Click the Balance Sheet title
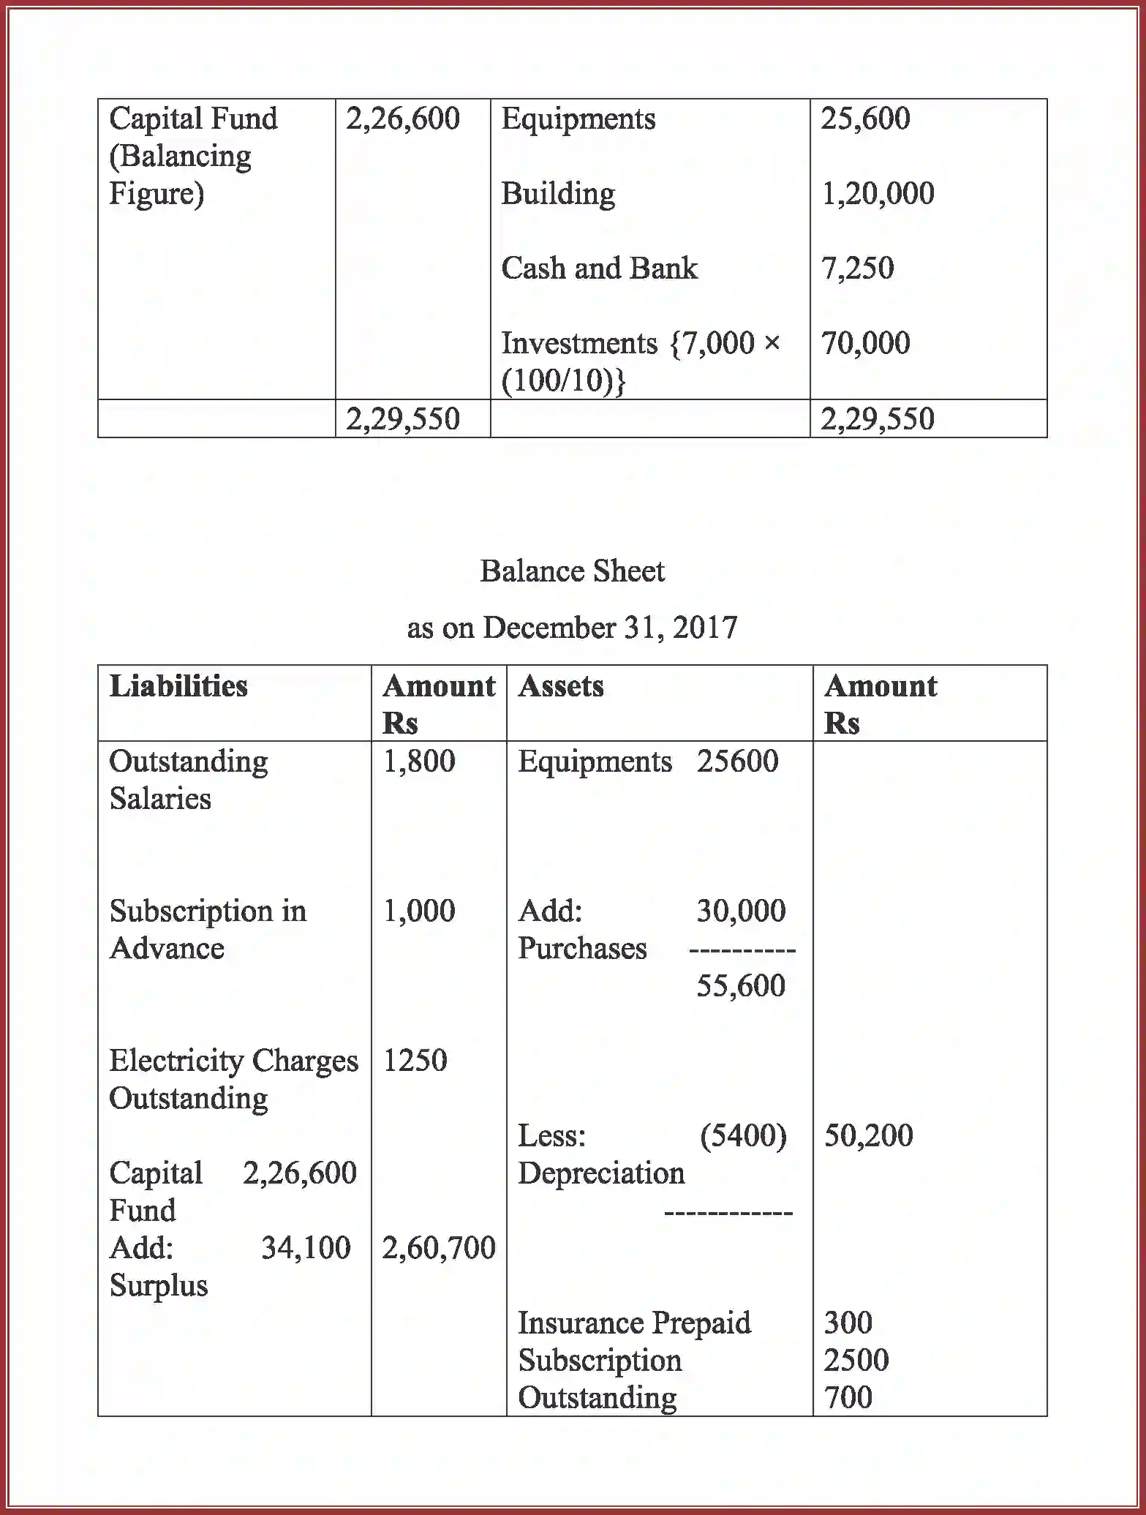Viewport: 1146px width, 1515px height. tap(572, 571)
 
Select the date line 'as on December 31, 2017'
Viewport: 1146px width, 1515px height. tap(572, 628)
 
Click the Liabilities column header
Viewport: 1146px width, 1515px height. tap(178, 686)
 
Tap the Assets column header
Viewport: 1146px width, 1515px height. tap(561, 686)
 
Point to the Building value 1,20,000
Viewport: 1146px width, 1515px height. tap(878, 194)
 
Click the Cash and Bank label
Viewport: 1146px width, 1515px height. tap(599, 268)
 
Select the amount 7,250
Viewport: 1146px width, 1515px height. tap(857, 268)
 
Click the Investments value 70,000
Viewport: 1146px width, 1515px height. tap(865, 343)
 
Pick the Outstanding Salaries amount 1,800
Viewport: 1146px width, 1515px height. tap(419, 762)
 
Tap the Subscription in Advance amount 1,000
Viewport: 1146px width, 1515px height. tap(419, 911)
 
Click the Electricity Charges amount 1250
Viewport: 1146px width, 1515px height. tap(415, 1061)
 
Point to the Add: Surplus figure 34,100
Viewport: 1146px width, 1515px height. tap(306, 1248)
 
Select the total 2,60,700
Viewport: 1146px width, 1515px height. tap(439, 1248)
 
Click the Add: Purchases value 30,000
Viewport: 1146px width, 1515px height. tap(741, 911)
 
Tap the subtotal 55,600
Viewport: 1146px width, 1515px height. tap(741, 986)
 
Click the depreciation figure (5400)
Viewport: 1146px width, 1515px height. tap(743, 1136)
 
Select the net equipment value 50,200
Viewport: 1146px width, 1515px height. tap(868, 1136)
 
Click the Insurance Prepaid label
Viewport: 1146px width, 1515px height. tap(634, 1323)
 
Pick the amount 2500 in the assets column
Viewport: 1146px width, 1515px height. tap(856, 1361)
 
